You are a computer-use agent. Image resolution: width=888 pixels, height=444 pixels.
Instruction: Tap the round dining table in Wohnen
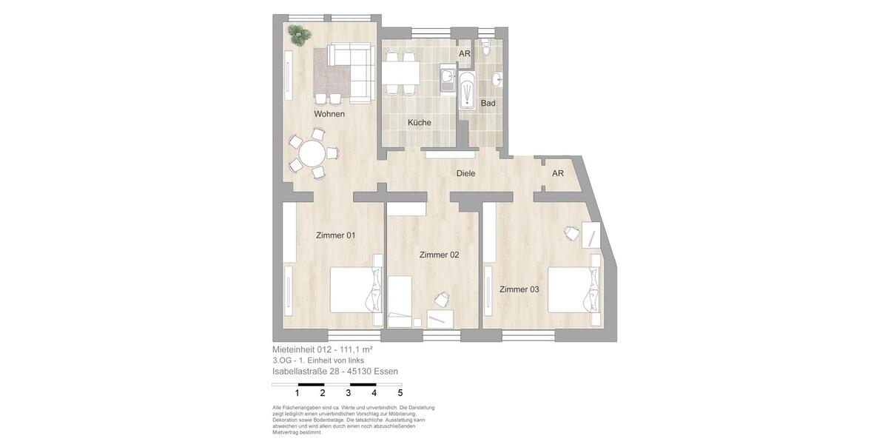click(x=311, y=153)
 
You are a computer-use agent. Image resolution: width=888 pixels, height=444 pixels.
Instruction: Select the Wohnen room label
click(x=329, y=114)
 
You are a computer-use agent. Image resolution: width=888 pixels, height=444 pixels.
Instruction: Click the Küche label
click(x=419, y=122)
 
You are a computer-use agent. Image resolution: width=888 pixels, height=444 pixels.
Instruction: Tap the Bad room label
click(x=488, y=103)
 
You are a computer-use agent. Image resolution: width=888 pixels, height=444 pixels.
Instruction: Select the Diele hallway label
click(x=465, y=173)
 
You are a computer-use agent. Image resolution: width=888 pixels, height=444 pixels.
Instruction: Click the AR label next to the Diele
click(x=558, y=173)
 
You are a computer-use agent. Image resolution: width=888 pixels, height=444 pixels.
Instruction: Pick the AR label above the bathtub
click(x=465, y=53)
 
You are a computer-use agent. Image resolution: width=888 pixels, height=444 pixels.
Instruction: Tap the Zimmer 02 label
click(x=439, y=255)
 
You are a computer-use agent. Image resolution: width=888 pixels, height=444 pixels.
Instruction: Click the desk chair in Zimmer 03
click(x=571, y=233)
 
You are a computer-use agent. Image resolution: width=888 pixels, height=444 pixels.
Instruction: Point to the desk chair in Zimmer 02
click(x=442, y=298)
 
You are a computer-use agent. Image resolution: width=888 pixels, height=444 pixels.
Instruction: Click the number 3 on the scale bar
click(x=349, y=393)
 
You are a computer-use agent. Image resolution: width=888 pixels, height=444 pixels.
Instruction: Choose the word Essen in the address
click(x=386, y=371)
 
